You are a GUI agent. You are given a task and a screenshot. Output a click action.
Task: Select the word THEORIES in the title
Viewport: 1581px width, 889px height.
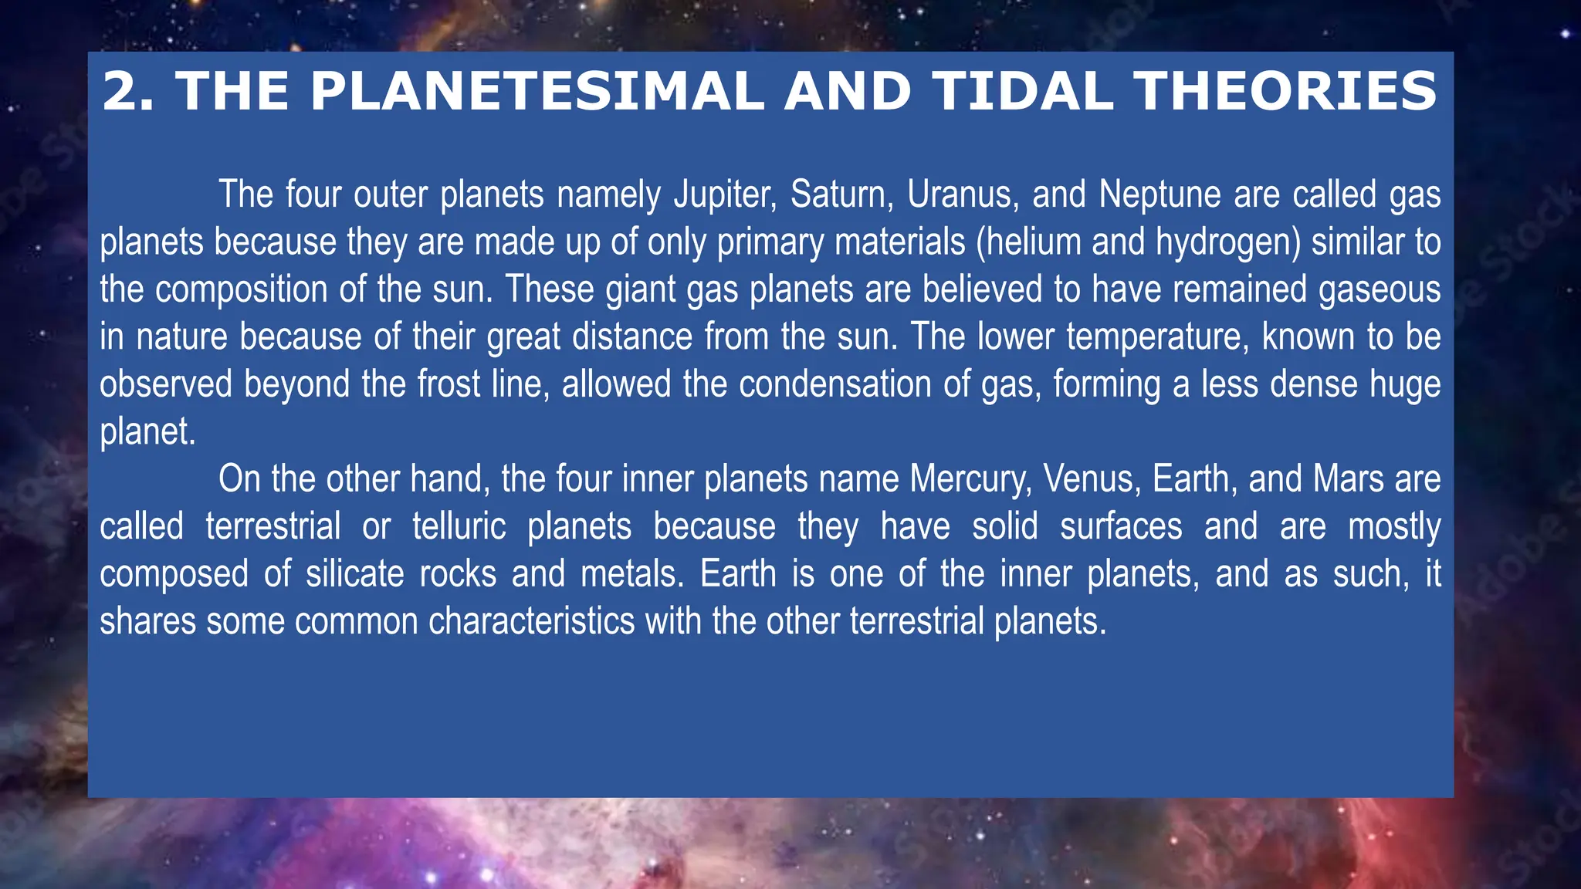click(1285, 91)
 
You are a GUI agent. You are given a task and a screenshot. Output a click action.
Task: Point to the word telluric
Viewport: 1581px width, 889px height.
click(459, 527)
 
